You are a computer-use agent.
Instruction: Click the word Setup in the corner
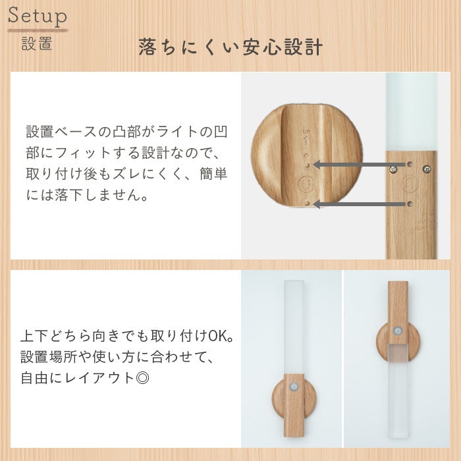pyautogui.click(x=38, y=16)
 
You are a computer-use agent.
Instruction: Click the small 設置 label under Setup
pyautogui.click(x=37, y=43)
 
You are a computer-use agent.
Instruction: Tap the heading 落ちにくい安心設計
pyautogui.click(x=230, y=47)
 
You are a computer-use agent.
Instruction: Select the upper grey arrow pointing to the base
pyautogui.click(x=360, y=165)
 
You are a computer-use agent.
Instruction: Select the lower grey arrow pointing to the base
pyautogui.click(x=360, y=204)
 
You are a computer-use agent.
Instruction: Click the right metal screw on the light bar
pyautogui.click(x=427, y=169)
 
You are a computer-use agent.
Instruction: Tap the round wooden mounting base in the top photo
pyautogui.click(x=307, y=156)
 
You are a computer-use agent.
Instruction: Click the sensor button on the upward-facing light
pyautogui.click(x=293, y=387)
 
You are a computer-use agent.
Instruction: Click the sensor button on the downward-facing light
pyautogui.click(x=398, y=331)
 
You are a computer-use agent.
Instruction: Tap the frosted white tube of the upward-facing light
pyautogui.click(x=294, y=327)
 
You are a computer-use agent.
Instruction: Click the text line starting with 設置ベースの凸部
pyautogui.click(x=126, y=132)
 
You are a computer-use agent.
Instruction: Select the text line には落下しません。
pyautogui.click(x=87, y=195)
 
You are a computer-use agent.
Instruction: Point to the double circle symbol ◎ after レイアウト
pyautogui.click(x=143, y=378)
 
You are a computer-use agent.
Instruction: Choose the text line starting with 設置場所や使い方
pyautogui.click(x=117, y=357)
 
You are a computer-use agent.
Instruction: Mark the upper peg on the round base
pyautogui.click(x=308, y=165)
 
